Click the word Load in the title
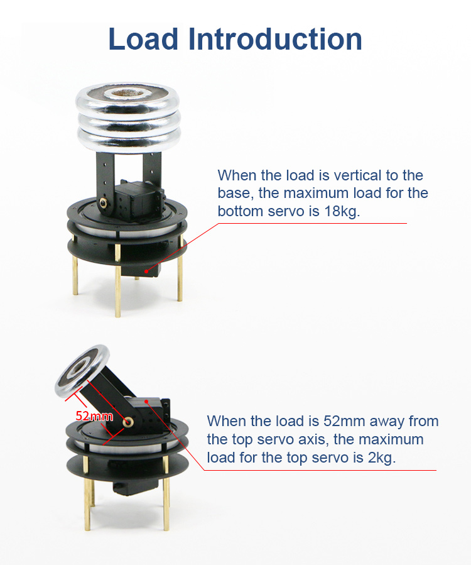coord(143,39)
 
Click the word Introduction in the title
coord(275,39)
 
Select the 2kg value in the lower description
coord(381,458)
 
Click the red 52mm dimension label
coord(94,416)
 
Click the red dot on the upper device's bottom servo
coord(146,272)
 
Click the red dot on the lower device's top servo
coord(146,401)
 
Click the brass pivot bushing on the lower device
coord(127,422)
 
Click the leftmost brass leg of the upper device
coord(75,265)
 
